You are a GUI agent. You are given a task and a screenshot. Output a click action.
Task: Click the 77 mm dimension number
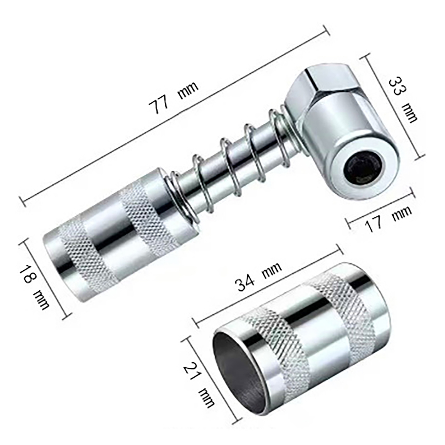point(159,103)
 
